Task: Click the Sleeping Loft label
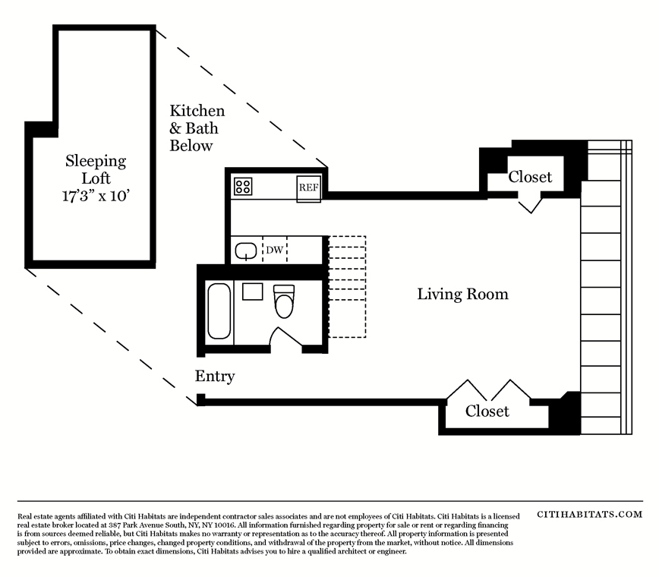coord(96,169)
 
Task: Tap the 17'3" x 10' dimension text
coord(96,196)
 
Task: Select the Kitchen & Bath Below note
coord(197,128)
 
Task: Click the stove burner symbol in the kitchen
coord(242,186)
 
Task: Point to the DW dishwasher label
coord(274,250)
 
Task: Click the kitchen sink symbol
coord(246,251)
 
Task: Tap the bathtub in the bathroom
coord(219,311)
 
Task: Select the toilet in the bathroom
coord(284,301)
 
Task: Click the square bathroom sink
coord(253,292)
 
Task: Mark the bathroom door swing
coord(285,337)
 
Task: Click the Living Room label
coord(462,294)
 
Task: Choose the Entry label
coord(215,376)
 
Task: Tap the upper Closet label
coord(530,177)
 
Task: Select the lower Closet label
coord(487,411)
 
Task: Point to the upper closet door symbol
coord(531,206)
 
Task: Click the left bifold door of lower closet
coord(466,390)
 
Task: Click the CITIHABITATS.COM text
coord(590,515)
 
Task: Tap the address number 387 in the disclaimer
coord(115,525)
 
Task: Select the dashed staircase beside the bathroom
coord(347,287)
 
